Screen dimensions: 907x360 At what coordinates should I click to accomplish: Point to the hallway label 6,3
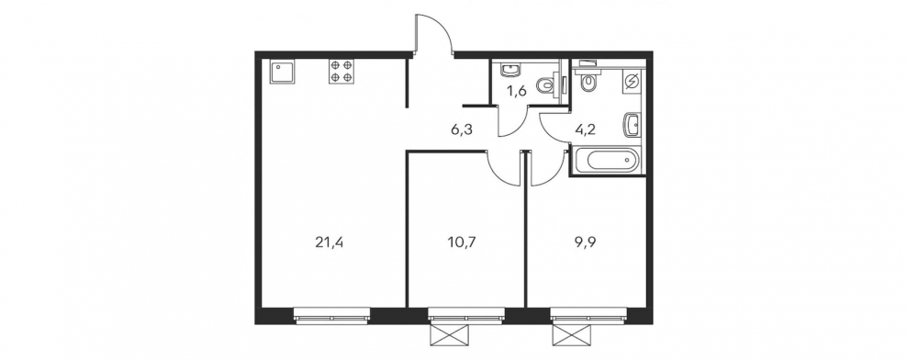pos(462,129)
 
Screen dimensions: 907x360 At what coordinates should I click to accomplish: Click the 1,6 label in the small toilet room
pos(517,91)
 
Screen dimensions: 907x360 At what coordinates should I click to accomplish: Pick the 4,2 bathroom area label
pos(586,129)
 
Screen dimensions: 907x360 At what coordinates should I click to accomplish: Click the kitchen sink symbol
pos(281,73)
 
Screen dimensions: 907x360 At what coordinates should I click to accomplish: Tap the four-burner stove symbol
pos(341,72)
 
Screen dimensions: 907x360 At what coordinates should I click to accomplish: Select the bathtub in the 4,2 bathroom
pos(607,160)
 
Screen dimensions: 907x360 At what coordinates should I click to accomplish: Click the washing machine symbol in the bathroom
pos(632,82)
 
